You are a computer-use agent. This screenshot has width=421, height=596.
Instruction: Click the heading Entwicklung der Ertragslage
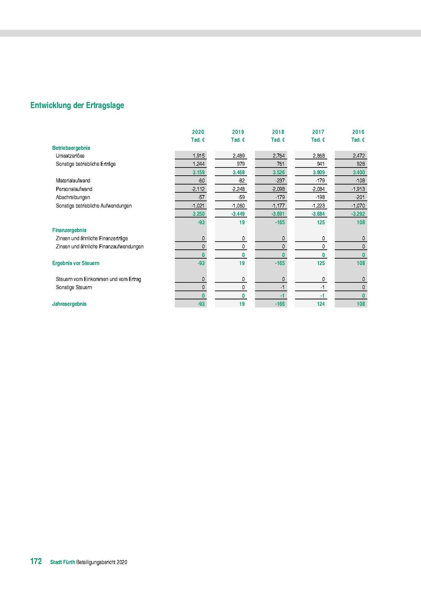77,105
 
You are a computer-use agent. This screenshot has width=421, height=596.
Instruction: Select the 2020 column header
198,132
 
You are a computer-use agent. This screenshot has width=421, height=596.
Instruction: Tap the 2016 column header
358,132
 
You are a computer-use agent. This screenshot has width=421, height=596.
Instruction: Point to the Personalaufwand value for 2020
198,189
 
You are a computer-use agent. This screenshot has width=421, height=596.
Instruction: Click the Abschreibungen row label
73,197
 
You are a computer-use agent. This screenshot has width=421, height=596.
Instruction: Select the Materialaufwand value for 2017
320,181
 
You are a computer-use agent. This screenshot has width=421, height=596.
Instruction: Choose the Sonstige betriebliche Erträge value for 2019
240,164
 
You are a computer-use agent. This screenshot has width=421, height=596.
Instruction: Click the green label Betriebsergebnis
71,148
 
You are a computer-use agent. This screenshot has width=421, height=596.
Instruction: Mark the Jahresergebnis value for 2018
279,304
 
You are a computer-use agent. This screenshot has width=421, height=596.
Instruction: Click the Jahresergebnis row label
70,304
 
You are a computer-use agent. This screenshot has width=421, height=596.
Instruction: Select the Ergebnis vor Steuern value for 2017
319,263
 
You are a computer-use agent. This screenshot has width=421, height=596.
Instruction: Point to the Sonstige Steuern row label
74,288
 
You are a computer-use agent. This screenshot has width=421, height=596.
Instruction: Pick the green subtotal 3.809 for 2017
318,172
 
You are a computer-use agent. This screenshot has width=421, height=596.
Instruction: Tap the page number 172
35,562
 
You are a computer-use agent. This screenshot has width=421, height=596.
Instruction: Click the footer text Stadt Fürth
63,562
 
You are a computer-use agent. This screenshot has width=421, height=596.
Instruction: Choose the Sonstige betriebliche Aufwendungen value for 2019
238,206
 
